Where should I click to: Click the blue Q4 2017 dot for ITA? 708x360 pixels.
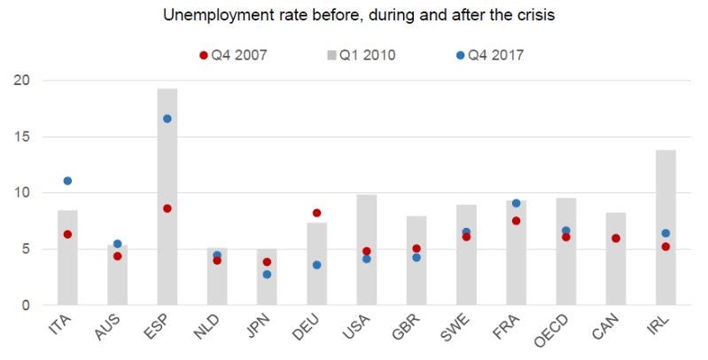[67, 181]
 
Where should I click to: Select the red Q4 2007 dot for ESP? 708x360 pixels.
[167, 208]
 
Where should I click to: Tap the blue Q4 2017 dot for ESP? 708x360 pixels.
[167, 119]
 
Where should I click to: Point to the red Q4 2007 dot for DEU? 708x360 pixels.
[316, 213]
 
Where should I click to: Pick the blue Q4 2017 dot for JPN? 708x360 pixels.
[267, 274]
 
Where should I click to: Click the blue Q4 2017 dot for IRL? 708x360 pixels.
[665, 233]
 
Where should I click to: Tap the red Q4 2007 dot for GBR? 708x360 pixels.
[416, 248]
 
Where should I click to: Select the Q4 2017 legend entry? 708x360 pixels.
[490, 55]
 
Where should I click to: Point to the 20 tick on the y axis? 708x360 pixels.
[21, 81]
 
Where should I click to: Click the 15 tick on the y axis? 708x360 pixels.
[21, 137]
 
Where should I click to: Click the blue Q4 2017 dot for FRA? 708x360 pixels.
[516, 203]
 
